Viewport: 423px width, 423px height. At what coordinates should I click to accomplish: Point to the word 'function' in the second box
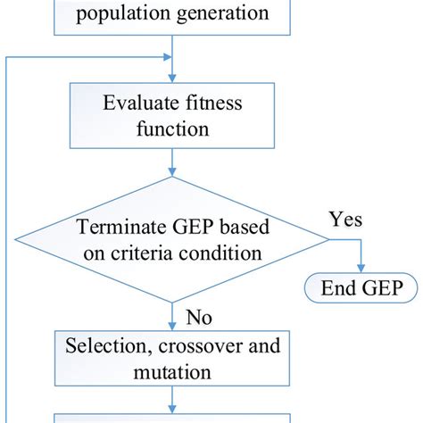click(172, 129)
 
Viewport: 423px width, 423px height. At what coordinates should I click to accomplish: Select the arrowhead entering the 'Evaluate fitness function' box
click(172, 79)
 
